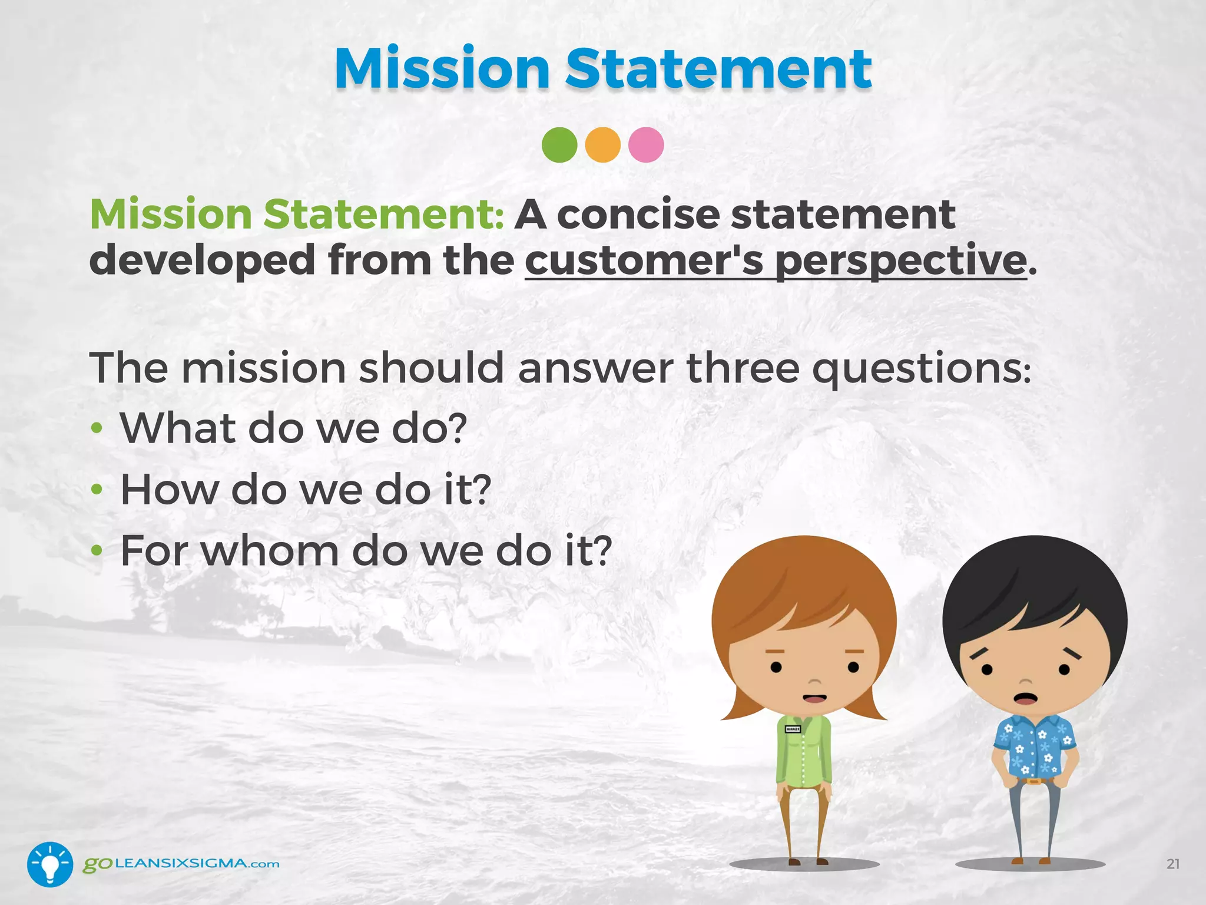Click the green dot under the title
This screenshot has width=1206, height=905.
(559, 145)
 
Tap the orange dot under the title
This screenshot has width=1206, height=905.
(602, 145)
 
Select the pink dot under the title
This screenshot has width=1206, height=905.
(646, 145)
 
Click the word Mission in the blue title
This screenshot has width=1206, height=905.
(442, 69)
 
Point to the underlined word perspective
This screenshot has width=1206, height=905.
(901, 261)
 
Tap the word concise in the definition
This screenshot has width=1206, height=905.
(638, 214)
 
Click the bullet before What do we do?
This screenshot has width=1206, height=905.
(97, 428)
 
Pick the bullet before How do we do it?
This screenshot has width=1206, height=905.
(97, 490)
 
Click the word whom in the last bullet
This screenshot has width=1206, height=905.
(270, 551)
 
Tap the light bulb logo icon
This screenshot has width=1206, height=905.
(50, 864)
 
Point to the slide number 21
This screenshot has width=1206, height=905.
(1172, 864)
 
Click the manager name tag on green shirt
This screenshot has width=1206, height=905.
(793, 729)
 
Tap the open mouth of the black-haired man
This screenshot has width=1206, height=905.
(1025, 699)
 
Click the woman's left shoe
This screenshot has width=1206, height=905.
(794, 862)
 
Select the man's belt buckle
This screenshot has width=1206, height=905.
(1033, 782)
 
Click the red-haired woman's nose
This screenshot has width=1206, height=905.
(814, 681)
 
